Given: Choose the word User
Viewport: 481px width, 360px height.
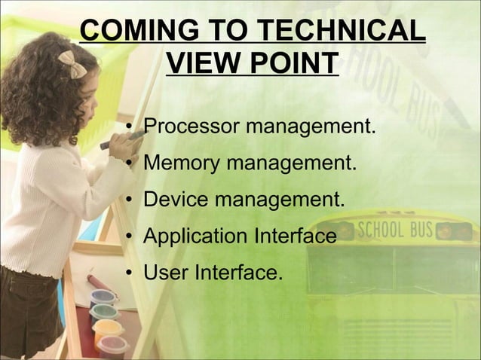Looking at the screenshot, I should (x=166, y=272).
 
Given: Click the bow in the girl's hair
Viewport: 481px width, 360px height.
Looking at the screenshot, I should (x=73, y=64).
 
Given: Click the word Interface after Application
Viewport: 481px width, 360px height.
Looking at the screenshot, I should (x=294, y=236).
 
